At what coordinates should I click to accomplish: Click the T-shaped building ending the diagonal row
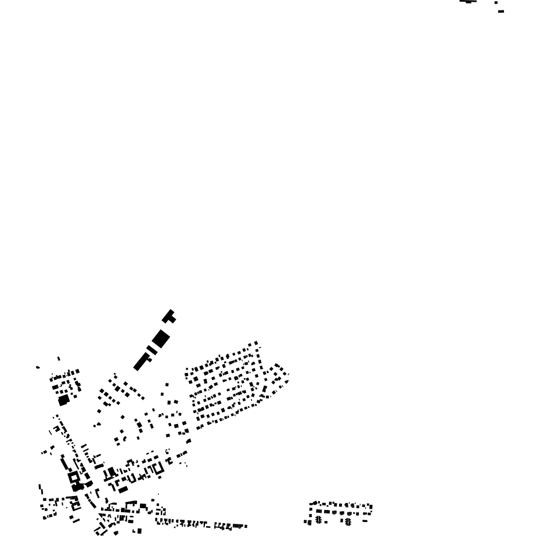[x=170, y=317]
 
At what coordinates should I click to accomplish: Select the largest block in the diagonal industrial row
[x=161, y=338]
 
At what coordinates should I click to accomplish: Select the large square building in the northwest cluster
[x=63, y=400]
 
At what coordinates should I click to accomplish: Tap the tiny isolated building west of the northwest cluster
[x=38, y=367]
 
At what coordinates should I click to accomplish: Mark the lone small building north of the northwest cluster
[x=59, y=359]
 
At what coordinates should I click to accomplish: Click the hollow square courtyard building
[x=74, y=477]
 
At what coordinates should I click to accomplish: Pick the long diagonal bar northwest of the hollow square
[x=64, y=465]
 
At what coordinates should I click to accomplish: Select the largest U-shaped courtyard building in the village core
[x=156, y=468]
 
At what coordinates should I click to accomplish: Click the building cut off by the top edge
[x=468, y=2]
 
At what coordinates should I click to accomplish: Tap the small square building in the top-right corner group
[x=496, y=3]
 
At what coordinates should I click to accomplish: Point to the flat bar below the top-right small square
[x=501, y=11]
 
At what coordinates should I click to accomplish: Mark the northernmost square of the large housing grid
[x=257, y=343]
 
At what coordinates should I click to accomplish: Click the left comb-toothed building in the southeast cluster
[x=318, y=520]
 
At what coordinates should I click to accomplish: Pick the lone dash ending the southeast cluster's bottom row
[x=365, y=521]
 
